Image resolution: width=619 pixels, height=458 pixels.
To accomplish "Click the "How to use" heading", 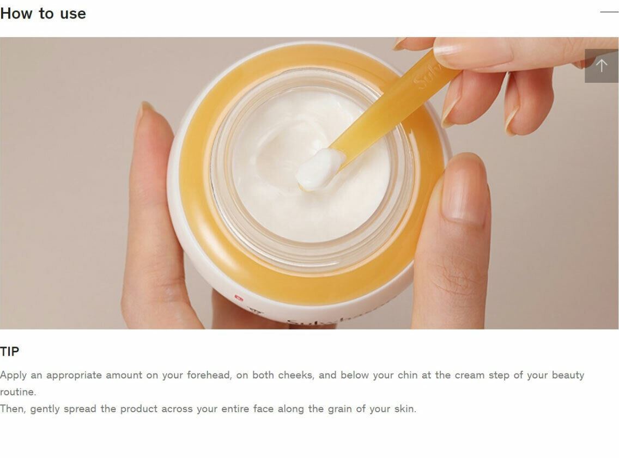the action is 43,14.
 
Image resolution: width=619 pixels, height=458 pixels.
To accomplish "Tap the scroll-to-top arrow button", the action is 602,65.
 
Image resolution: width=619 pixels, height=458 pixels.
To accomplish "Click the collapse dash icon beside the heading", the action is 609,12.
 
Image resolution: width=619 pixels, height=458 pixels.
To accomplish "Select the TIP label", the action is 9,351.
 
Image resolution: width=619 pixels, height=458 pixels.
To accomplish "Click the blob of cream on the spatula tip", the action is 319,169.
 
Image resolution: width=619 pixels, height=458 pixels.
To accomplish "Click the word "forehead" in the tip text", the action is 209,375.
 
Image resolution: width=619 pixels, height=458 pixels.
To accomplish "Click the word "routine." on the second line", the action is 18,392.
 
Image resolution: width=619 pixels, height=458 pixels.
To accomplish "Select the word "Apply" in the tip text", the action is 13,376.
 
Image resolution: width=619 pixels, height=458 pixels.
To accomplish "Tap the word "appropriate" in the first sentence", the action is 74,376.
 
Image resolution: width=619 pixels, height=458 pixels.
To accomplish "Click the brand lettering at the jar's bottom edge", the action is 312,323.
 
